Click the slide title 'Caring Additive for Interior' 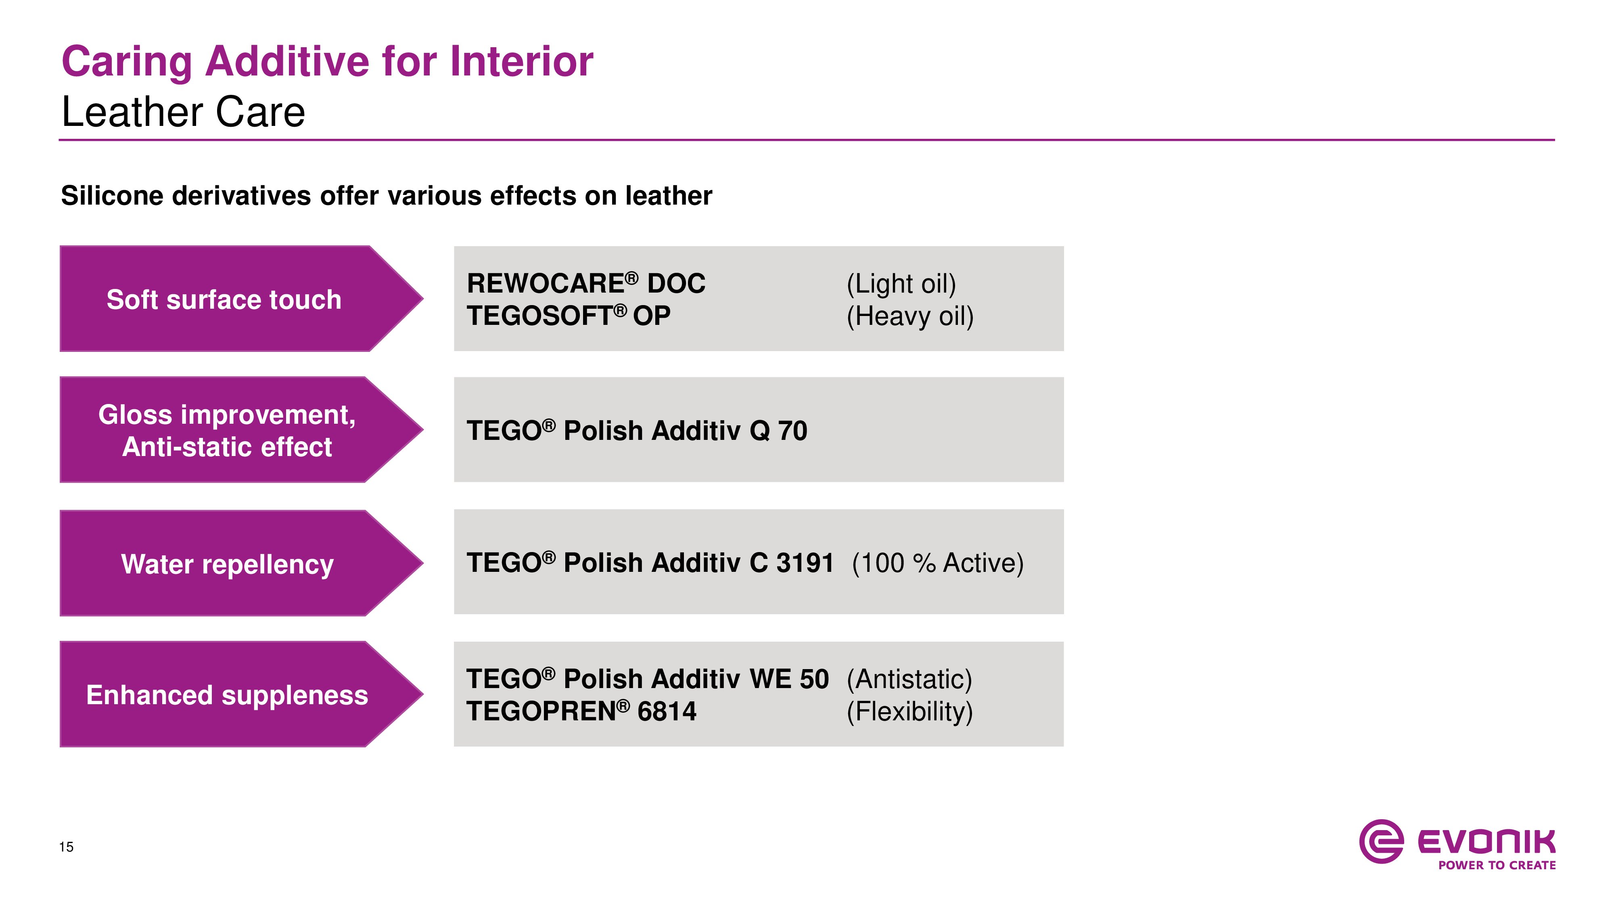(x=327, y=62)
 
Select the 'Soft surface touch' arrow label (x=224, y=299)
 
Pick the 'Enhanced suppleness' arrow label (x=227, y=695)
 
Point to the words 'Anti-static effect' (x=227, y=447)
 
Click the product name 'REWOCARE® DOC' (x=586, y=283)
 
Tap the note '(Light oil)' (x=901, y=284)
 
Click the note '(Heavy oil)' (x=910, y=316)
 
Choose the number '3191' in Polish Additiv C (x=805, y=563)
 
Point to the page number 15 (x=67, y=847)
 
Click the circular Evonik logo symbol (x=1381, y=841)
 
